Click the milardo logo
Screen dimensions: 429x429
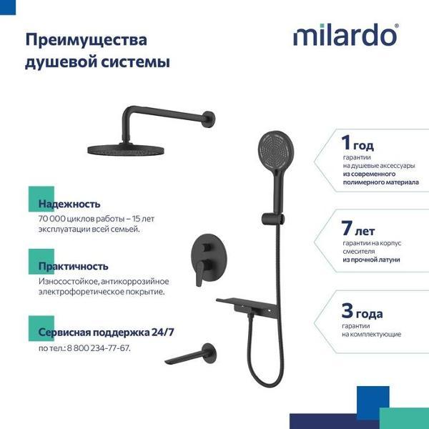tap(346, 35)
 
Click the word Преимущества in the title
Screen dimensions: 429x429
tap(87, 41)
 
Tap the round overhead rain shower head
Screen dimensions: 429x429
tap(126, 150)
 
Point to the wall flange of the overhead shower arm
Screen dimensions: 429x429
tap(209, 119)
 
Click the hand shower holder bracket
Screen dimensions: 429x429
tap(273, 220)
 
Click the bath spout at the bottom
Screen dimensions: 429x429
tap(192, 355)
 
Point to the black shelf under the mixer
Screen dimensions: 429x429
tap(247, 305)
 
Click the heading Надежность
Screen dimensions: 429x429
tap(69, 204)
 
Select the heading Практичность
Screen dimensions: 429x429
tap(74, 267)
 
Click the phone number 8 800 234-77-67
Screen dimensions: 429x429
tap(99, 348)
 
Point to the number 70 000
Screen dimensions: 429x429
tap(52, 219)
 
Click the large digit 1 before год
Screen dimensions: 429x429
tap(346, 142)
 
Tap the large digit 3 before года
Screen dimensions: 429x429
tap(347, 310)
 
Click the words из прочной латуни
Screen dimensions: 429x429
tap(371, 260)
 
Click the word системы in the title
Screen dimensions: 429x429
tap(135, 61)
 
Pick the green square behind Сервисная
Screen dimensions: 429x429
tap(41, 328)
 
